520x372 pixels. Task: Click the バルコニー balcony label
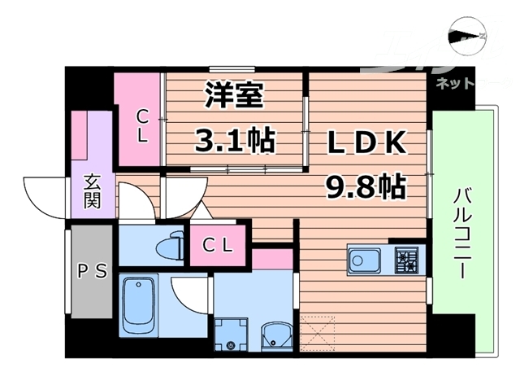461,233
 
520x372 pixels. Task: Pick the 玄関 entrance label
92,191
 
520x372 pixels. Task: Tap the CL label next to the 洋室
142,125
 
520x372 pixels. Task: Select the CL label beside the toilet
217,243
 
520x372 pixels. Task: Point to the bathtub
141,305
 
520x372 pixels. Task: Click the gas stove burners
407,260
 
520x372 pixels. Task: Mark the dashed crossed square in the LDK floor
317,334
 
